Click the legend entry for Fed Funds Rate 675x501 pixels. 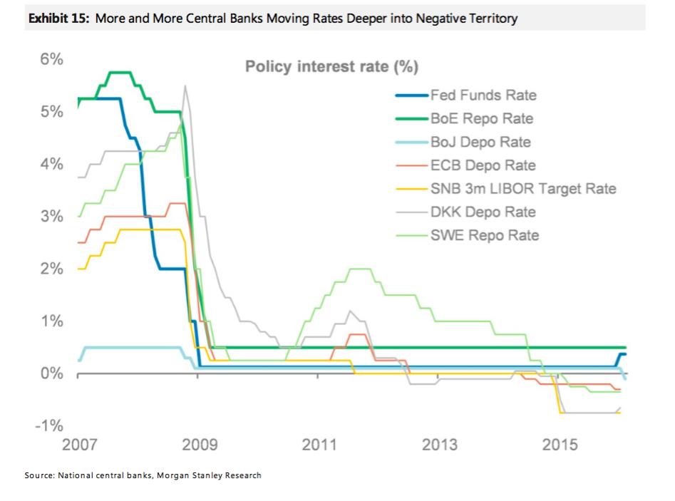483,95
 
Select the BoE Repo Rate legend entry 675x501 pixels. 482,118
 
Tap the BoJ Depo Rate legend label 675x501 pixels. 480,142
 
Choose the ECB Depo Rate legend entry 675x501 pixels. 483,165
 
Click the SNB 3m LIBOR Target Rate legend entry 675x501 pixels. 522,189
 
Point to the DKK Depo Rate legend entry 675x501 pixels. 483,212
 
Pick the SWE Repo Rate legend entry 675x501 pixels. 485,235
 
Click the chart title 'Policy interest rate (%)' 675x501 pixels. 331,67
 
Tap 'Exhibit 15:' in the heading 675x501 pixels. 58,19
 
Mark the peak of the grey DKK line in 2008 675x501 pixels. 185,86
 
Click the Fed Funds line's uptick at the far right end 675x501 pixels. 622,354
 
